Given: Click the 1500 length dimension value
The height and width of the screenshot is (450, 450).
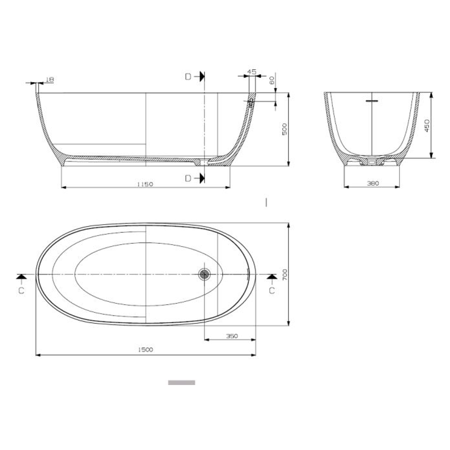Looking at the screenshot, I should (x=145, y=350).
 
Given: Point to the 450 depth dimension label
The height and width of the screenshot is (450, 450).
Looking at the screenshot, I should (x=427, y=125).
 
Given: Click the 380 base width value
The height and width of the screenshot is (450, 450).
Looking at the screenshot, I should (x=372, y=183).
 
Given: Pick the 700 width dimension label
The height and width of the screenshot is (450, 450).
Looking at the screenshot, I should (x=285, y=274).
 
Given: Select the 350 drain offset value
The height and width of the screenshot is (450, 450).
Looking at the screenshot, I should (x=232, y=336).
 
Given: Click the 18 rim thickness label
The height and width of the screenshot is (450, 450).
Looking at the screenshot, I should (x=49, y=79).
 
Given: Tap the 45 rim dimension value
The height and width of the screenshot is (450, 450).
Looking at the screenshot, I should (x=252, y=72).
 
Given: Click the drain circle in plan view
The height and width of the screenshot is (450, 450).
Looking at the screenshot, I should (x=204, y=274).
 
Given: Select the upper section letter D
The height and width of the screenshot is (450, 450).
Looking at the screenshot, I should (x=189, y=76).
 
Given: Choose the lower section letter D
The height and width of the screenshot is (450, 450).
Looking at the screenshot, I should (x=189, y=178).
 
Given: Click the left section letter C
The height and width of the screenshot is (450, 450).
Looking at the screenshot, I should (x=22, y=290).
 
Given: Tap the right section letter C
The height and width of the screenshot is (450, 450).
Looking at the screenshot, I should (x=272, y=290).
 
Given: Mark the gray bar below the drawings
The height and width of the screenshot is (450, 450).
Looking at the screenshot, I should (x=182, y=382).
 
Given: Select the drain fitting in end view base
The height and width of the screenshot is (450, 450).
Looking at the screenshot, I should (x=372, y=160).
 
